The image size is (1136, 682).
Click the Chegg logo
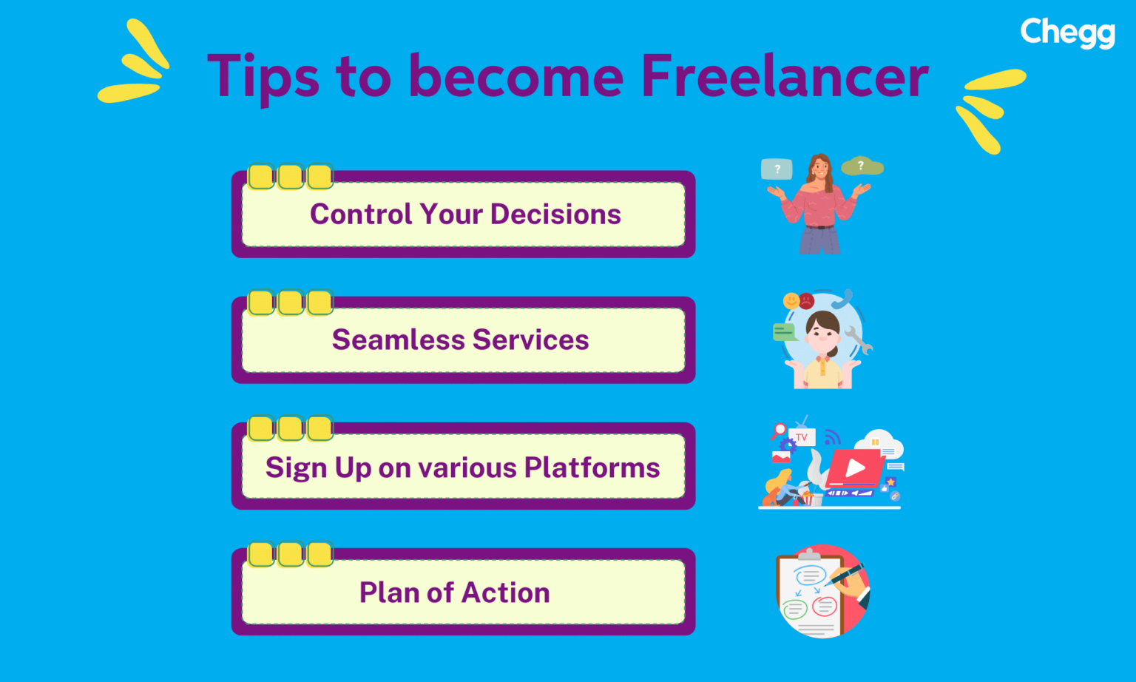coord(1067,33)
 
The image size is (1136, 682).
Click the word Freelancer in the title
coord(784,76)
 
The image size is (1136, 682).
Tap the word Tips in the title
coord(263,76)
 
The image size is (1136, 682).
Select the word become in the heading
coord(515,76)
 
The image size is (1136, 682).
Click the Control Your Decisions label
coord(465,215)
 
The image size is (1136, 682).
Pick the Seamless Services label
coord(460,340)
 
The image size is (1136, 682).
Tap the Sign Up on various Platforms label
coord(462,467)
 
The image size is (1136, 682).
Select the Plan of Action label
coord(454,593)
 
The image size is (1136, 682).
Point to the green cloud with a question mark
coord(862,166)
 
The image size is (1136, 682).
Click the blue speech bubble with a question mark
coord(777,169)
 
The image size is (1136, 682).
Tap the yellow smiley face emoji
coord(791,301)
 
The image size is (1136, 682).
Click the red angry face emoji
coord(807,300)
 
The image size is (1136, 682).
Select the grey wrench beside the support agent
coord(858,340)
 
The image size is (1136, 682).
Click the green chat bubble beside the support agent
coord(783,331)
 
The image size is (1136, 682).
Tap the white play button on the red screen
coord(856,467)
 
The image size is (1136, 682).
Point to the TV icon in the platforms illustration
coord(802,436)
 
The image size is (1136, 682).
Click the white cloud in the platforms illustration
coord(881,442)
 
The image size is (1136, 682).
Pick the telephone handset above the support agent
coord(843,298)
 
